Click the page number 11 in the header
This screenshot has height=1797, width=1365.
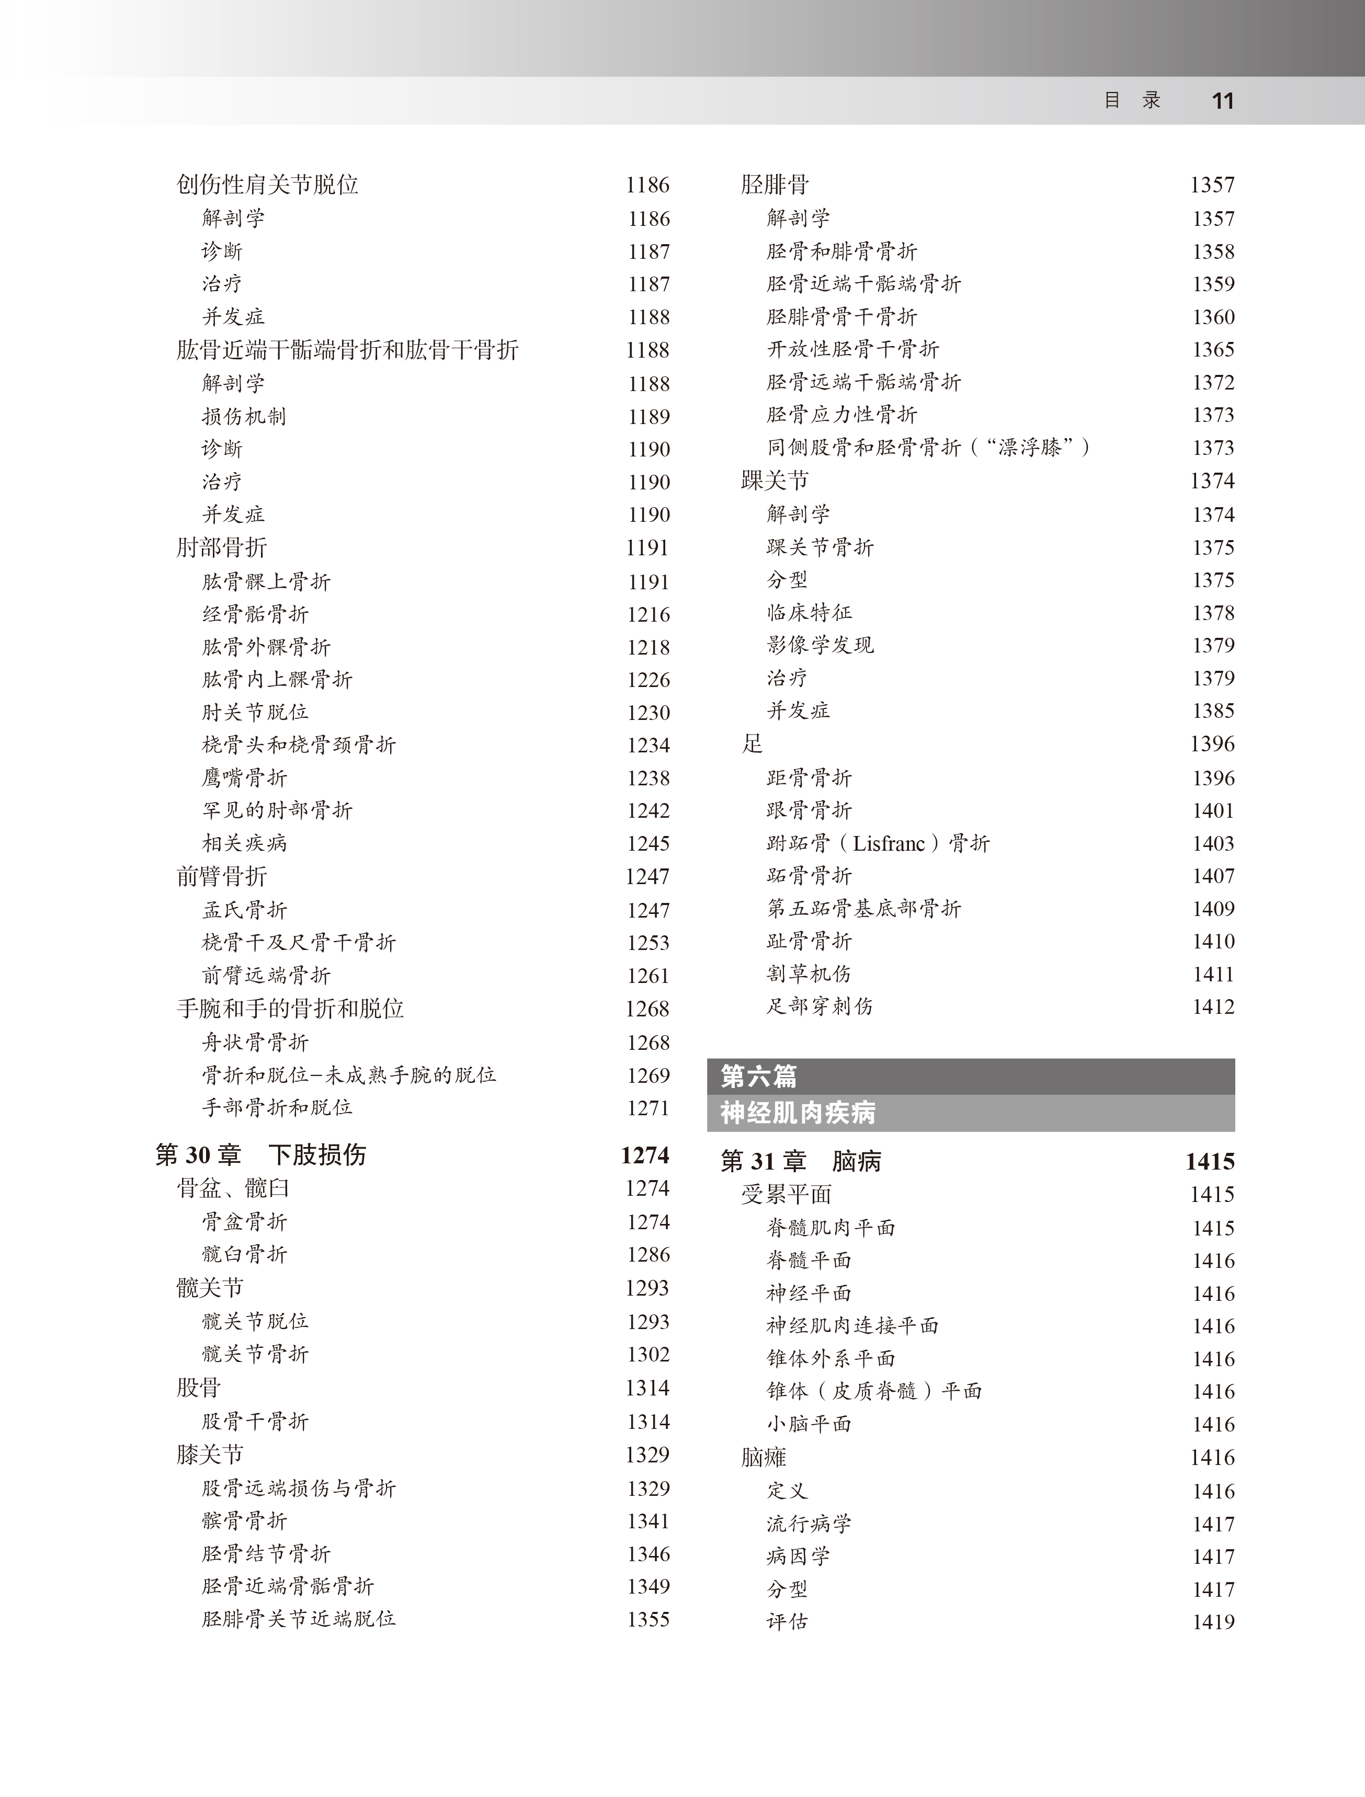(x=1222, y=101)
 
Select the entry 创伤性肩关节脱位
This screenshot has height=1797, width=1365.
(x=267, y=185)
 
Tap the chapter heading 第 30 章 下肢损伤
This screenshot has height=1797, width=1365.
(x=261, y=1154)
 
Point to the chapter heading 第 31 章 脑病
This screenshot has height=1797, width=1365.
(x=800, y=1161)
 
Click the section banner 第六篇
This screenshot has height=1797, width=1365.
(x=758, y=1077)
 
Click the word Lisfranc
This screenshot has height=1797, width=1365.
(x=889, y=843)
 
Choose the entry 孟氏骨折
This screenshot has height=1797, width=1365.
(x=245, y=910)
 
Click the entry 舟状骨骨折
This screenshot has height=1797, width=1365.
(x=255, y=1043)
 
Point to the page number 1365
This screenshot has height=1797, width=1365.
(x=1213, y=349)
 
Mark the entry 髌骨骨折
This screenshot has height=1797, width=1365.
(x=245, y=1521)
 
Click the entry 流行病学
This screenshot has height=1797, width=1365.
(x=809, y=1524)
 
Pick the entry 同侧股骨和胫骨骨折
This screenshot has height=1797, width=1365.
(x=863, y=448)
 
